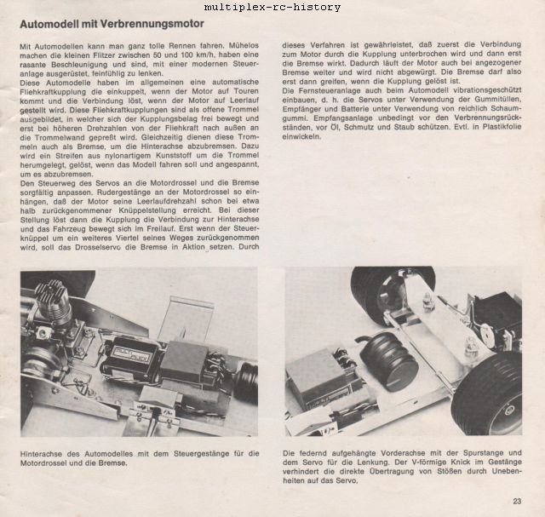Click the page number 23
pos(517,501)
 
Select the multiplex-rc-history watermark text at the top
pos(272,7)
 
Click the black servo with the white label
pos(130,358)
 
